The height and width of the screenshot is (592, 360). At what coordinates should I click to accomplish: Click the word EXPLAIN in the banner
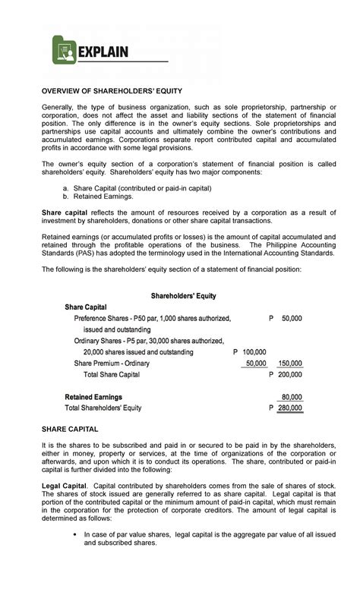pyautogui.click(x=104, y=52)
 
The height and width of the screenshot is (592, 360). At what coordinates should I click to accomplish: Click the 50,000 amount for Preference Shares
pyautogui.click(x=291, y=318)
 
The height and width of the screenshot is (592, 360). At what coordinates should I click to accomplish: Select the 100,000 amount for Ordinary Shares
pyautogui.click(x=254, y=352)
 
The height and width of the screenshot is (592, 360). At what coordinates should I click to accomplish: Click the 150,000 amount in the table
pyautogui.click(x=289, y=364)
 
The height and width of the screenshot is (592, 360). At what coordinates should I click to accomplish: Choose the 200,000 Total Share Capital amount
pyautogui.click(x=289, y=375)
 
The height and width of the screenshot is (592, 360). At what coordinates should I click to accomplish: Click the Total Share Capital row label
pyautogui.click(x=112, y=375)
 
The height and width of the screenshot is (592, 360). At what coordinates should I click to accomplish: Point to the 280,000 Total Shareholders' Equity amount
pyautogui.click(x=289, y=408)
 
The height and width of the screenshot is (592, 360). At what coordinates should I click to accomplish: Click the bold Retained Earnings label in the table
pyautogui.click(x=93, y=397)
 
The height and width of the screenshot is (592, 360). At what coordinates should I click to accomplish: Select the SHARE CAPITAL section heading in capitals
pyautogui.click(x=70, y=429)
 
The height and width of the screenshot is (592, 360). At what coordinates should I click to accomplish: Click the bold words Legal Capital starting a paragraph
pyautogui.click(x=63, y=484)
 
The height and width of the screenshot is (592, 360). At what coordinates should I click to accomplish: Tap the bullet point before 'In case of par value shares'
pyautogui.click(x=74, y=534)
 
